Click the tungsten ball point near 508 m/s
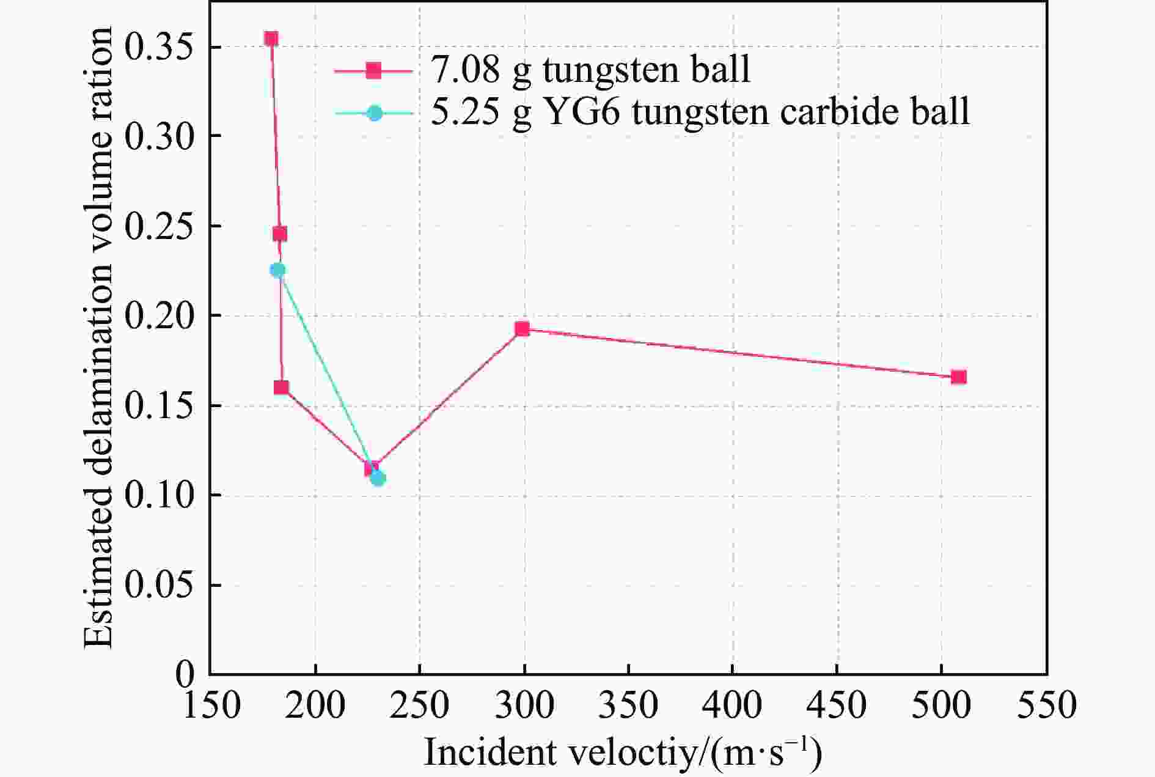click(x=958, y=377)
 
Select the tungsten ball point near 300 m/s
click(x=522, y=329)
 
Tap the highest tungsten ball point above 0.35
click(x=271, y=39)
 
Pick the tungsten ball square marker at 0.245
click(x=280, y=234)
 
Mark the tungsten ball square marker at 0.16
click(x=281, y=388)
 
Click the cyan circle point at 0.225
click(x=278, y=270)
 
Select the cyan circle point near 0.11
click(x=378, y=478)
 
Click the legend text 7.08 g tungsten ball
click(x=590, y=70)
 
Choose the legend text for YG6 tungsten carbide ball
click(x=700, y=112)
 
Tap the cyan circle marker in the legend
click(x=375, y=113)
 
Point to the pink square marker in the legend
click(x=374, y=71)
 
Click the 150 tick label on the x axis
click(x=210, y=705)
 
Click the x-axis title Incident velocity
click(x=622, y=752)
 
